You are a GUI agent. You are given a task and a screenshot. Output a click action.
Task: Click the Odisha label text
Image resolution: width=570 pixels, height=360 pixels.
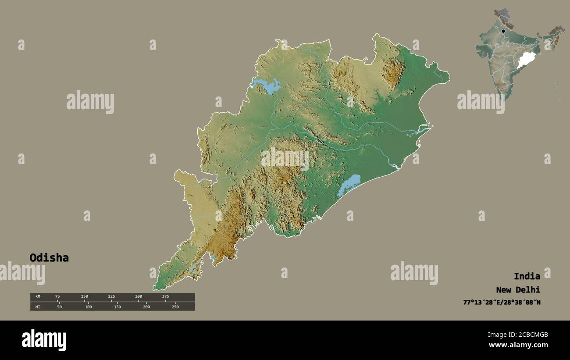pos(49,258)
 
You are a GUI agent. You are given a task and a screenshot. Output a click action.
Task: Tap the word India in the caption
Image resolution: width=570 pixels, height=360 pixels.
pos(527,276)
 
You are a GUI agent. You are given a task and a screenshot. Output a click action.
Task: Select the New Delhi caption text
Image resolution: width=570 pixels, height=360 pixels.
pos(518,290)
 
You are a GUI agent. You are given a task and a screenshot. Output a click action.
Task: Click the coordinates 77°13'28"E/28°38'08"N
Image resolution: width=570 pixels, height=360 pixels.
pos(502,303)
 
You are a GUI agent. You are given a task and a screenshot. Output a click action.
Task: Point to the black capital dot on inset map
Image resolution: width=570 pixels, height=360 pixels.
pos(503,31)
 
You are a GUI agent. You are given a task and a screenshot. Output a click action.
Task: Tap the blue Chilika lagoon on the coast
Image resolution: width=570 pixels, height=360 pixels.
pos(349,185)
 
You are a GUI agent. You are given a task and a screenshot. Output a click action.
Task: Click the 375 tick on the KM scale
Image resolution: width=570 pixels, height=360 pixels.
pos(165,297)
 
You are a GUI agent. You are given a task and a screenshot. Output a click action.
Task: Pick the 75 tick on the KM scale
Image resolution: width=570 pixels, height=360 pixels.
pos(57,297)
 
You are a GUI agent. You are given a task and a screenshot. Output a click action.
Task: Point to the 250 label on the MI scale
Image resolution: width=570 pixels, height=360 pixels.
pos(175,307)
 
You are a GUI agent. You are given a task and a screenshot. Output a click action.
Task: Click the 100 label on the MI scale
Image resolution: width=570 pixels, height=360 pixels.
pos(88,307)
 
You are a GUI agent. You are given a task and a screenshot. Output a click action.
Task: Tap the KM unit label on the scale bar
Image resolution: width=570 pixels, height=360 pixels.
pos(38,297)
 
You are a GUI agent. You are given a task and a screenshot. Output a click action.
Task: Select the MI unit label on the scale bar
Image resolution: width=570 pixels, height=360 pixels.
pos(38,307)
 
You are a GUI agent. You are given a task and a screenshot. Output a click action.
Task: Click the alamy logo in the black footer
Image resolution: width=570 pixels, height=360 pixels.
pos(44,340)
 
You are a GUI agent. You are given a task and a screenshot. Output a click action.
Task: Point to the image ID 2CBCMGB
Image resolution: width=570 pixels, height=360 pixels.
pos(518,335)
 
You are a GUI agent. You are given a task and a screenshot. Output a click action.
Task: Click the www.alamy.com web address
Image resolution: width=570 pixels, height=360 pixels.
pos(518,345)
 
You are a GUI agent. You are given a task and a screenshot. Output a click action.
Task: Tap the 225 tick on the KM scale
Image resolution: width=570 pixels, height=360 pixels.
pos(111,297)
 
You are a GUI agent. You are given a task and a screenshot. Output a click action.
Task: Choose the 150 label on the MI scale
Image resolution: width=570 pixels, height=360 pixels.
pos(117,307)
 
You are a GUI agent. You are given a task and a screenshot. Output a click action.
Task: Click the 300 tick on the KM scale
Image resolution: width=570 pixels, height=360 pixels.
pos(139,297)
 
